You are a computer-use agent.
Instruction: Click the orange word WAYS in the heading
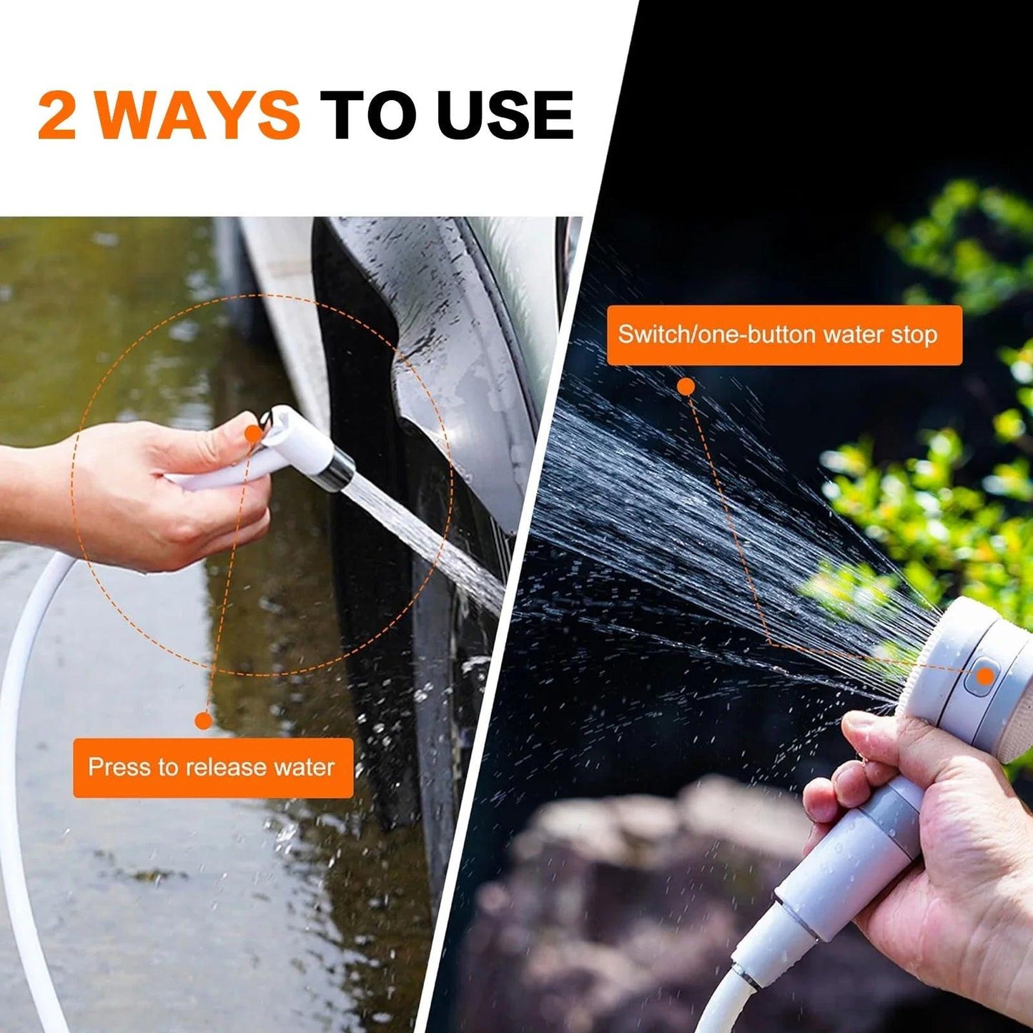tap(198, 115)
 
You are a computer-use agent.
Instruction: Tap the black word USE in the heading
tap(506, 115)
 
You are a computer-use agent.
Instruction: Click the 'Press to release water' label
tap(213, 768)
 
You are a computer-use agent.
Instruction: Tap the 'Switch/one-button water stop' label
tap(784, 335)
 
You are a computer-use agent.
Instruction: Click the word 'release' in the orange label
tap(224, 768)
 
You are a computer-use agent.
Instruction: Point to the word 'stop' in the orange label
tap(913, 335)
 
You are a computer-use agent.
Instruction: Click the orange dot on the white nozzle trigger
tap(253, 433)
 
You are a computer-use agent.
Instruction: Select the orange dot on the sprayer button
tap(986, 676)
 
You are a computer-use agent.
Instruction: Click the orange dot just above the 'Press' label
tap(204, 721)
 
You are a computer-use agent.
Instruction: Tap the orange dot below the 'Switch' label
tap(686, 387)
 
